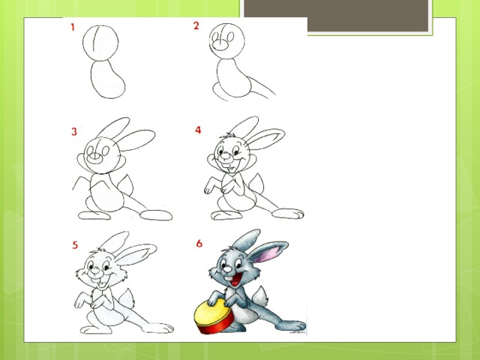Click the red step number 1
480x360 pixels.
73,27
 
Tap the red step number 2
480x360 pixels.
196,25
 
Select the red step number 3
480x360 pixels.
74,132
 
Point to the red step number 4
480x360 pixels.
198,130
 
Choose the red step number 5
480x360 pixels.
75,245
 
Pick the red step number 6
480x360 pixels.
199,243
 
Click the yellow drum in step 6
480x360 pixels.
214,316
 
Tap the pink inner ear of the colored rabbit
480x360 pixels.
269,253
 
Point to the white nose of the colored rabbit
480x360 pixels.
227,270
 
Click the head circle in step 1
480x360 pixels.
100,43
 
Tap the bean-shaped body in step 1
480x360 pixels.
108,79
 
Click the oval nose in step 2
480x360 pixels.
220,45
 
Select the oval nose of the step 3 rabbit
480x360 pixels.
94,157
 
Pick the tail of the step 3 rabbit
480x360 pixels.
126,185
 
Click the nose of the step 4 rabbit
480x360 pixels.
226,156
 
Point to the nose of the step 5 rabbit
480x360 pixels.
95,271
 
